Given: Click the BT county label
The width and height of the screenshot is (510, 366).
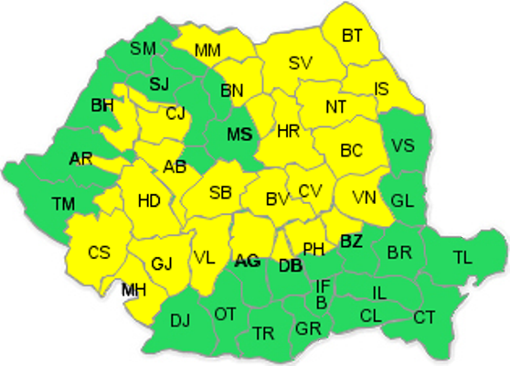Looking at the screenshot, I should (x=352, y=36).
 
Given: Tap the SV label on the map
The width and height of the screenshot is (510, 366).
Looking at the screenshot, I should (x=300, y=63).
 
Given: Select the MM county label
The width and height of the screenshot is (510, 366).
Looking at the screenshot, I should (x=207, y=49).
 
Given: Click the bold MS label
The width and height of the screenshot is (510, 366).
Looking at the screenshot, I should (x=239, y=135).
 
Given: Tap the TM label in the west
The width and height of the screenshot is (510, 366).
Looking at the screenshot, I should (x=63, y=202).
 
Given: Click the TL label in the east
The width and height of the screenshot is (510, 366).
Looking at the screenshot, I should (x=462, y=257).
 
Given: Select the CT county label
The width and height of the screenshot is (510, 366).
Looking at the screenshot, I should (x=424, y=318).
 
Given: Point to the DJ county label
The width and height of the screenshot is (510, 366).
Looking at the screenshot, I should (x=181, y=320).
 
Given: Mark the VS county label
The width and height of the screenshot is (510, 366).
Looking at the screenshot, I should (x=402, y=145).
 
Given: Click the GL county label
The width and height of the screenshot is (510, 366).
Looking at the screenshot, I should (x=402, y=200).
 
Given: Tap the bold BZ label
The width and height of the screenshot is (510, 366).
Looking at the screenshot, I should (x=351, y=241).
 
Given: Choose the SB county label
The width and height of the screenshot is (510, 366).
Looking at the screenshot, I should (x=219, y=192).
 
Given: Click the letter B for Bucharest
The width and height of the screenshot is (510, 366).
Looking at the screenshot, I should (x=321, y=303).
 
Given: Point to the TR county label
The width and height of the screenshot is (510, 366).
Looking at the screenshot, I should (x=263, y=331).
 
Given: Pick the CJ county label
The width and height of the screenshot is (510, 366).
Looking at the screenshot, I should (x=175, y=113).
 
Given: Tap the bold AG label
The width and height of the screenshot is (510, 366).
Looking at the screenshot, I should (x=247, y=262).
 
